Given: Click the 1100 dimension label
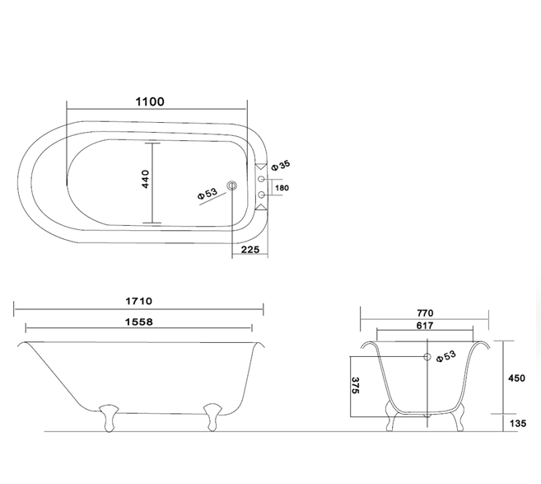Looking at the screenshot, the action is point(150,101).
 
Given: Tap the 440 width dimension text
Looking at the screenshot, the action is point(145,179).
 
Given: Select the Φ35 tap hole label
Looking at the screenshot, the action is point(281,165).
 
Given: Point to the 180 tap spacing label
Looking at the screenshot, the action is point(282,188).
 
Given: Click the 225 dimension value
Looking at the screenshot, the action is point(250,250).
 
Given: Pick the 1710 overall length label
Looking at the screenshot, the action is point(138,301).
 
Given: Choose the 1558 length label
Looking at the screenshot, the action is point(138,322).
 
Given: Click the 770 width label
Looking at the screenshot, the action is point(425,313).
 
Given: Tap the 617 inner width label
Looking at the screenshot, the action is point(425,326).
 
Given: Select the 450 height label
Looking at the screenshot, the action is point(516,378).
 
